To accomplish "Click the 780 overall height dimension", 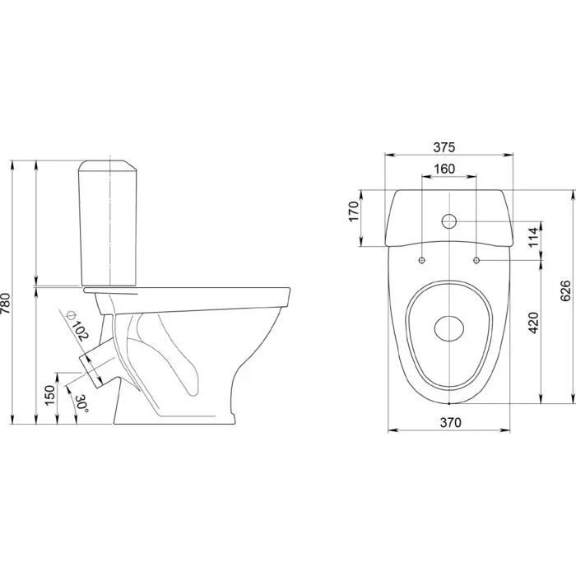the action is point(5,303).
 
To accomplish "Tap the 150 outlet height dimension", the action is point(50,395).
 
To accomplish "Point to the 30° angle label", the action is point(82,403).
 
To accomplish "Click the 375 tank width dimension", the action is point(444,147).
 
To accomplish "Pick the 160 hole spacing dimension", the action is point(444,169).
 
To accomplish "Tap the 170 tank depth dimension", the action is point(353,211).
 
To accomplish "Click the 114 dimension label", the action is point(534,237).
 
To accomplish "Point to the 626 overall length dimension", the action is point(566,290).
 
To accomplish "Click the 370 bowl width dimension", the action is point(450,423).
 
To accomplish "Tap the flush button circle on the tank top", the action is point(449,221).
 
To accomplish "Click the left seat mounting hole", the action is point(421,260).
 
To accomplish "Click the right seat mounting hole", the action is point(476,260).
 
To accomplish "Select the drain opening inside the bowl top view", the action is point(449,328).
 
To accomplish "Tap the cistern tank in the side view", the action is point(108,223).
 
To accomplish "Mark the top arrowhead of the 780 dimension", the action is point(12,165).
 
